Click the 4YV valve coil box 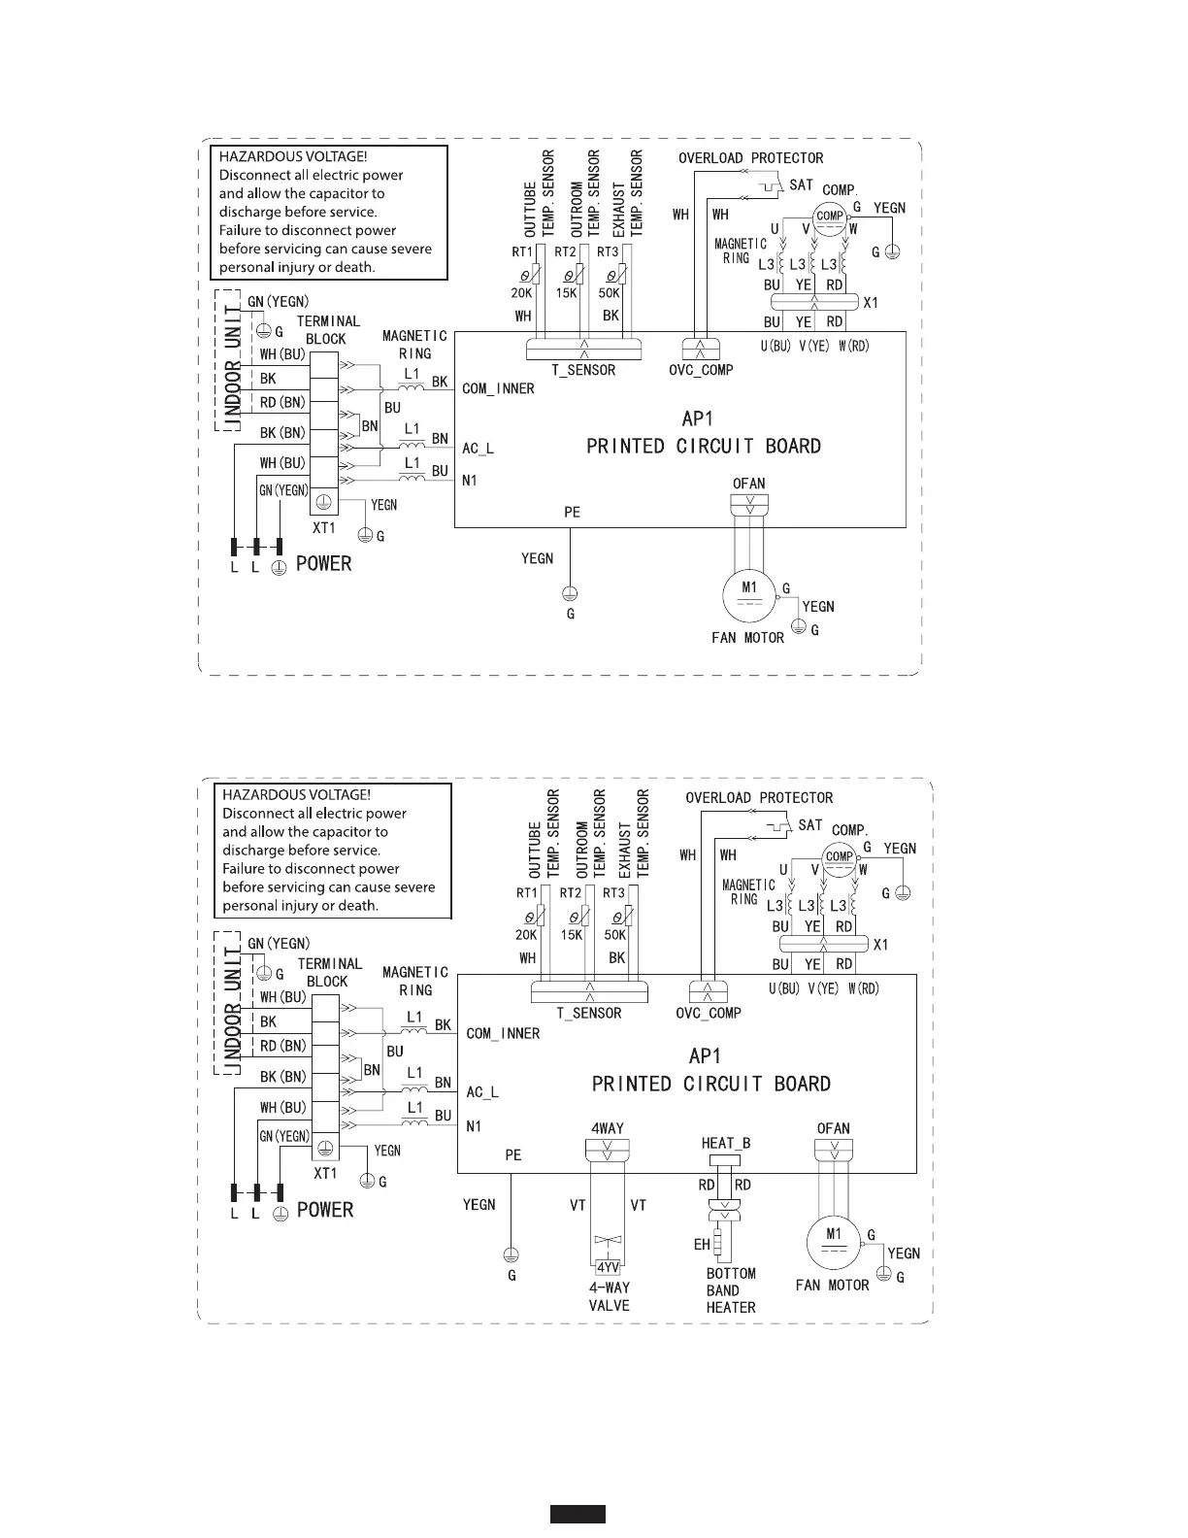tap(608, 1268)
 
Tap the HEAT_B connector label tap(726, 1143)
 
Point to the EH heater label tap(702, 1244)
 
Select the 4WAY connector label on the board tap(608, 1128)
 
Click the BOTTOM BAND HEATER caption tap(731, 1290)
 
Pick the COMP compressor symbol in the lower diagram tap(840, 856)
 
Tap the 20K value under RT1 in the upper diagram tap(522, 293)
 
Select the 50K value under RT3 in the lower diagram tap(615, 935)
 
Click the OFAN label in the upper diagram tap(748, 484)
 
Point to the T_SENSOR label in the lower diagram tap(589, 1013)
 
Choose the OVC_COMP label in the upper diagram tap(702, 370)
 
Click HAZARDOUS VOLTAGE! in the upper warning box tap(292, 156)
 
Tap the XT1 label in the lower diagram tap(325, 1173)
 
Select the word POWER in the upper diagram tap(323, 564)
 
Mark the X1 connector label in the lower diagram tap(880, 945)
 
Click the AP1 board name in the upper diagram tap(698, 418)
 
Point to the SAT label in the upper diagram tap(801, 184)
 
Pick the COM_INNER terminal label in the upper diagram tap(498, 388)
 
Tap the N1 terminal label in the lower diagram tap(475, 1126)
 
